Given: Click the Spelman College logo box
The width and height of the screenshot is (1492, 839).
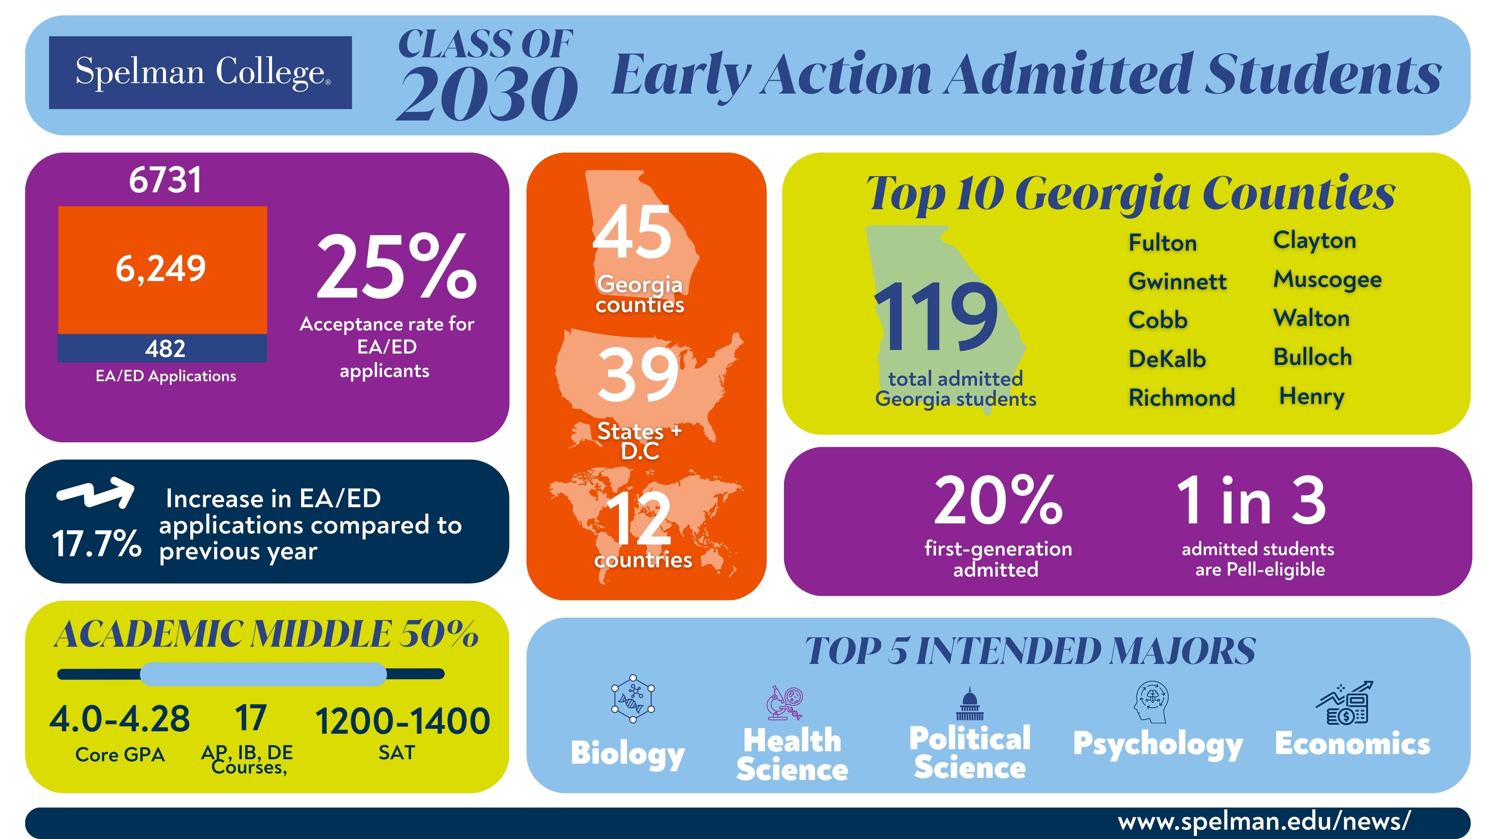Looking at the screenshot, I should coord(200,73).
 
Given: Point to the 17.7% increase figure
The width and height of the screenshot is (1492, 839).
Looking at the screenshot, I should coord(96,544).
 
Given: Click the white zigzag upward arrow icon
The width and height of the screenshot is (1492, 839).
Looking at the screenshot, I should coord(96,493).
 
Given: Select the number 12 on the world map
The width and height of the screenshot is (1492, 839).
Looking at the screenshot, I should coord(639,518).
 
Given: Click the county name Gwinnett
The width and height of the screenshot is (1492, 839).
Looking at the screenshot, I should coord(1177,281).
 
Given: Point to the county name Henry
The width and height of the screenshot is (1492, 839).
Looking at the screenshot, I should coord(1311,397).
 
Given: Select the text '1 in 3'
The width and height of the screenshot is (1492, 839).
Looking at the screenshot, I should coord(1251,500).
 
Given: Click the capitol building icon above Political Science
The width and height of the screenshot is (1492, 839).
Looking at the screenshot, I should coord(969,704).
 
